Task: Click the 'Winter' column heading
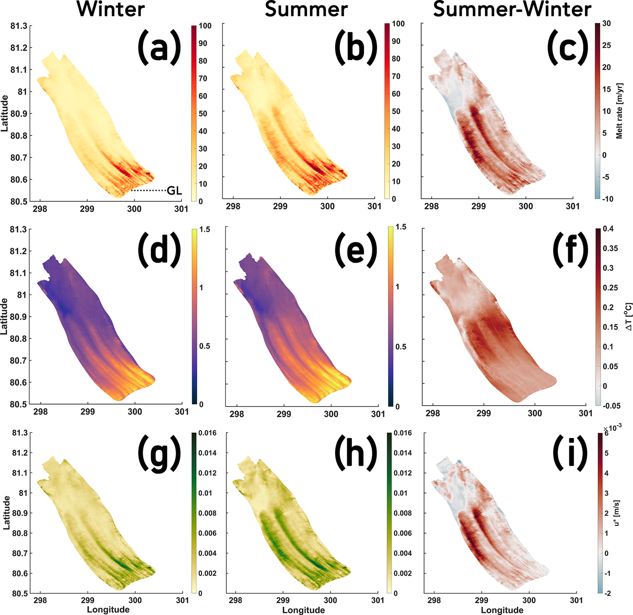111,10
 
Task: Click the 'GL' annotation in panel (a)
174,191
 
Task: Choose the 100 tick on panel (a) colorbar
205,26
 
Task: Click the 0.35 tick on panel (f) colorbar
610,248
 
